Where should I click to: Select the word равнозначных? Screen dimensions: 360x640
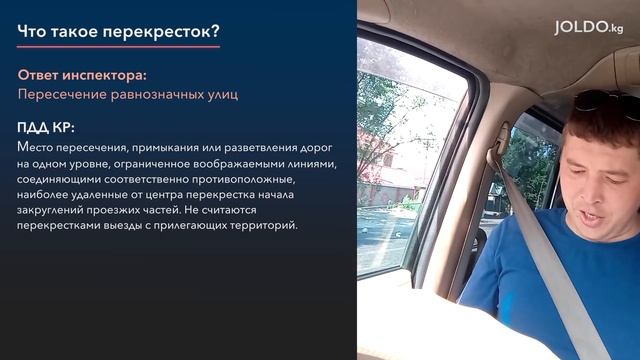(x=160, y=94)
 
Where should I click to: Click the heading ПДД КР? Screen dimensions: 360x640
(x=46, y=129)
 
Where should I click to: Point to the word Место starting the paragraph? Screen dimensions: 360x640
(x=35, y=147)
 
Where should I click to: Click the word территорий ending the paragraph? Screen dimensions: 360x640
(x=262, y=227)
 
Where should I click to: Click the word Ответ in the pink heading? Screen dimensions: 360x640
(x=40, y=75)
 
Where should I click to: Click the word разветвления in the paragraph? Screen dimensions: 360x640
(x=251, y=147)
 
